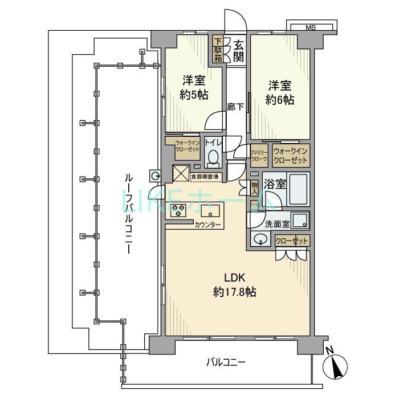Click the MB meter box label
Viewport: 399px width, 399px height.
coord(310,27)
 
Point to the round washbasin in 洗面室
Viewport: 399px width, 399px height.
coord(260,239)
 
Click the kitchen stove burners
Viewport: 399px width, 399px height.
coord(177,212)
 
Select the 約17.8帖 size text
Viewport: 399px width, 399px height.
coord(234,292)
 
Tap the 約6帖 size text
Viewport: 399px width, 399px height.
coord(280,100)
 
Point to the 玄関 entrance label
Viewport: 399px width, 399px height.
coord(239,50)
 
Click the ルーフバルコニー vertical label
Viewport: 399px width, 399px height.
coord(129,214)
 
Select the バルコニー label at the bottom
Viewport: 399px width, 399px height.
coord(226,362)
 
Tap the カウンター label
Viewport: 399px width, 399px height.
coord(208,225)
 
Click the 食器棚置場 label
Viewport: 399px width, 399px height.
coord(204,177)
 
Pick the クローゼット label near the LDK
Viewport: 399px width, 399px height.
coord(292,241)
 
